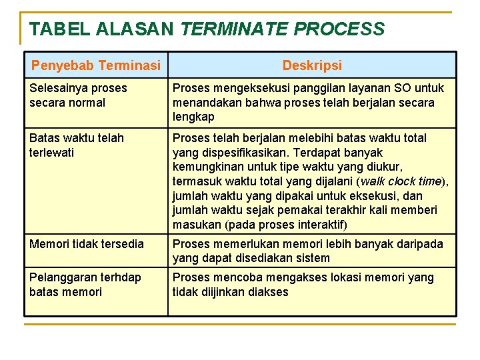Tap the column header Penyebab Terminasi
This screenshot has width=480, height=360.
click(x=96, y=65)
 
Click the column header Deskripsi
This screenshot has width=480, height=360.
click(x=312, y=65)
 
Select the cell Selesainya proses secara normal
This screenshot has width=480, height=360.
click(x=78, y=95)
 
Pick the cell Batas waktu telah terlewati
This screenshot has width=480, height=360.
click(x=77, y=145)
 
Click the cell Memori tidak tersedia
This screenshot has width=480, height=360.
click(x=87, y=244)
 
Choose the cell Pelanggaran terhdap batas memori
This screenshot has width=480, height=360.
click(x=85, y=285)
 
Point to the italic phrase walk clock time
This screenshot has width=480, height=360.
click(x=401, y=181)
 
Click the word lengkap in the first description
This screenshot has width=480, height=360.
click(x=193, y=117)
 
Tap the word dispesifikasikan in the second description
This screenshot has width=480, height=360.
click(x=238, y=153)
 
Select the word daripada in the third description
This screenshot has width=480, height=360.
click(x=421, y=244)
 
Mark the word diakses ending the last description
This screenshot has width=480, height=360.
click(x=268, y=292)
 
